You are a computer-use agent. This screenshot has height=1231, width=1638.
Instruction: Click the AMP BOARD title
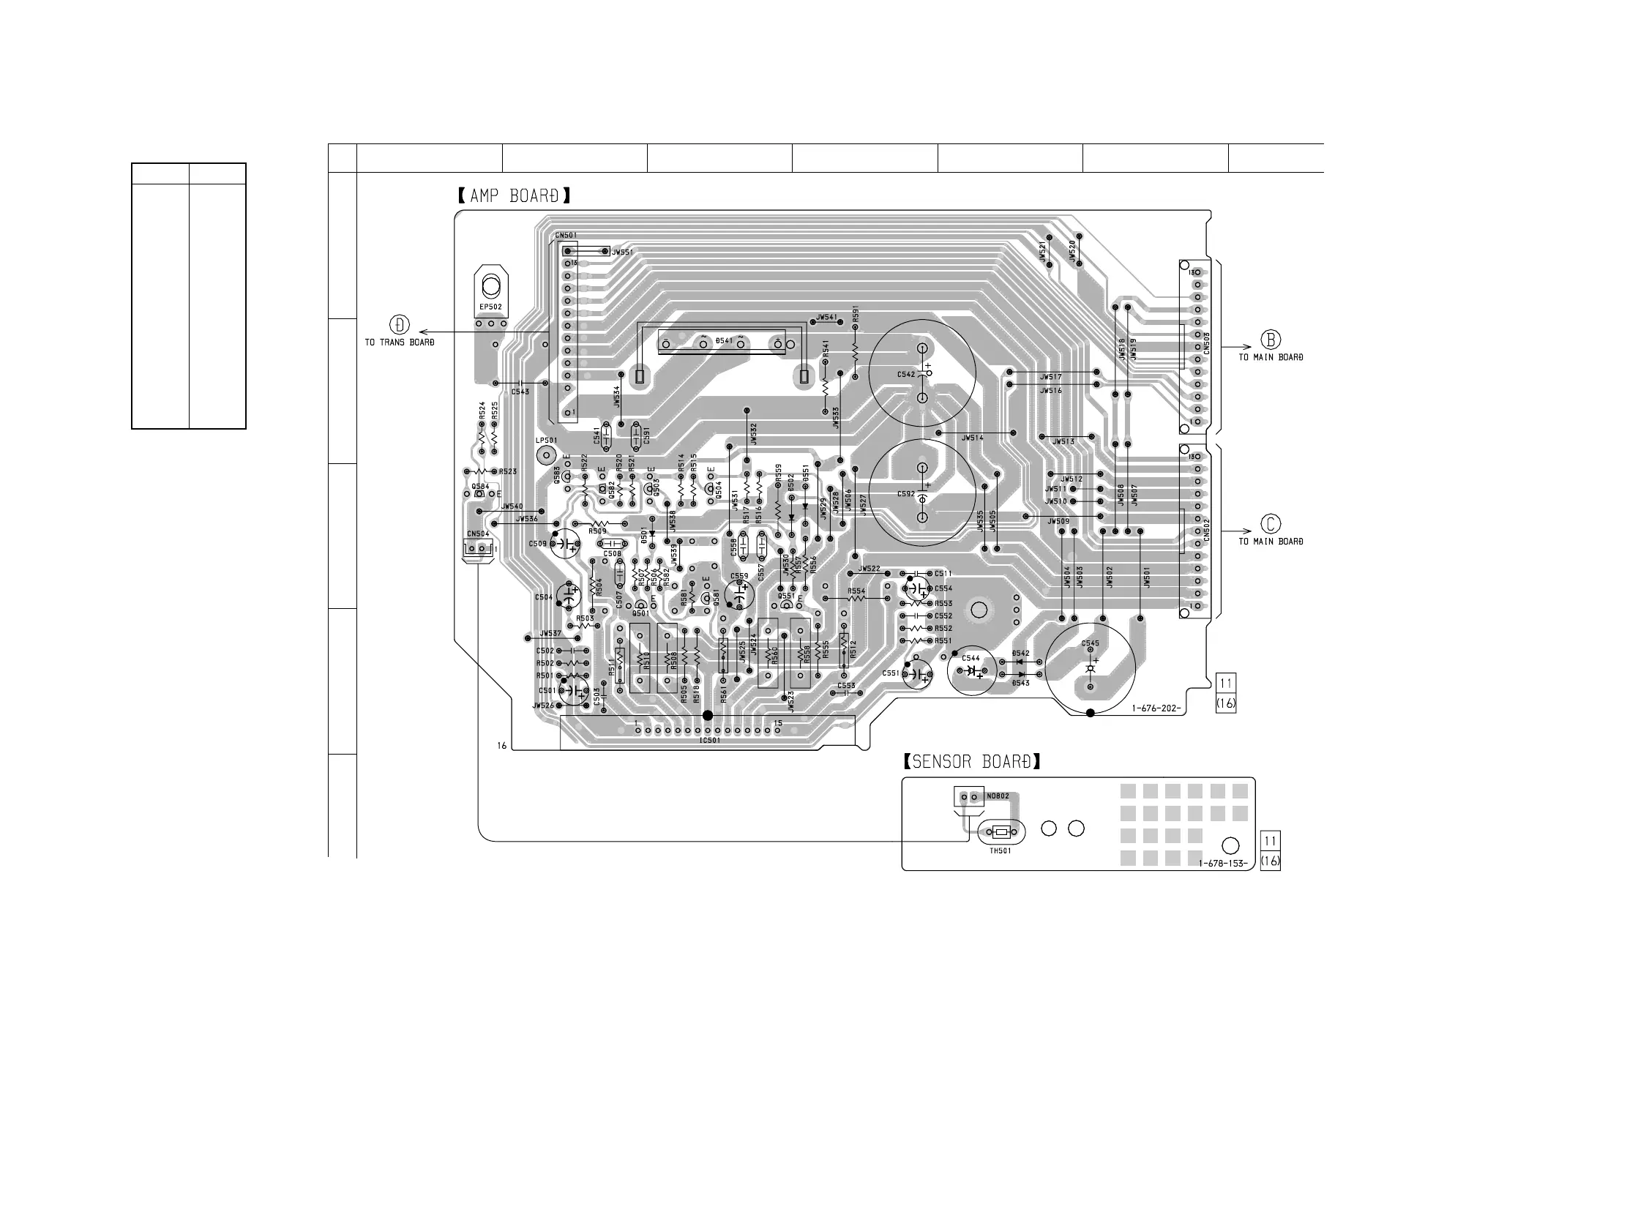pyautogui.click(x=514, y=196)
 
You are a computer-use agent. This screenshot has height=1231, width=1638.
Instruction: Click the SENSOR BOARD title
pyautogui.click(x=971, y=761)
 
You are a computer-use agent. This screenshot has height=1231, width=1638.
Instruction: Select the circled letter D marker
pyautogui.click(x=399, y=325)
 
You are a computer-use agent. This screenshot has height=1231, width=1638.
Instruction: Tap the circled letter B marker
pyautogui.click(x=1271, y=340)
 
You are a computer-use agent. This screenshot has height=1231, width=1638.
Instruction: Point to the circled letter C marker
pyautogui.click(x=1271, y=525)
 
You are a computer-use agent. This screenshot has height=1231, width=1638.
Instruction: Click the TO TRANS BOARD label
pyautogui.click(x=399, y=343)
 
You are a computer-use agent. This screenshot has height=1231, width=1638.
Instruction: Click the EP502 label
pyautogui.click(x=490, y=307)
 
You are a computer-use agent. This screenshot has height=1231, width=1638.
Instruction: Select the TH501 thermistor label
pyautogui.click(x=1000, y=851)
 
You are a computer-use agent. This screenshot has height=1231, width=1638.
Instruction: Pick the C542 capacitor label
pyautogui.click(x=905, y=375)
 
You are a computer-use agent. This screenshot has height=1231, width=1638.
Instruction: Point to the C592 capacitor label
pyautogui.click(x=905, y=494)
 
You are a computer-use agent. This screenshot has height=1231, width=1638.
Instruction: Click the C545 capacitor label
pyautogui.click(x=1090, y=643)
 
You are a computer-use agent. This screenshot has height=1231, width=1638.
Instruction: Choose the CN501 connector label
pyautogui.click(x=566, y=236)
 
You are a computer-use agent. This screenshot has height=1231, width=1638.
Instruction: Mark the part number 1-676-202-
pyautogui.click(x=1155, y=709)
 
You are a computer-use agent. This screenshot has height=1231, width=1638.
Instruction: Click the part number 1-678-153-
pyautogui.click(x=1222, y=864)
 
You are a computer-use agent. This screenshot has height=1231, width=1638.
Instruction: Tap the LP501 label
pyautogui.click(x=546, y=441)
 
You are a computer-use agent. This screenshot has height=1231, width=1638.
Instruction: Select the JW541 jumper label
pyautogui.click(x=826, y=318)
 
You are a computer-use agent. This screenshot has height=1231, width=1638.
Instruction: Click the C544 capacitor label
pyautogui.click(x=970, y=658)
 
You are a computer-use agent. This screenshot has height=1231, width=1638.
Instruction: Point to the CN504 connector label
pyautogui.click(x=478, y=534)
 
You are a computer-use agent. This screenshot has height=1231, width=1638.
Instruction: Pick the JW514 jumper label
pyautogui.click(x=972, y=438)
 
